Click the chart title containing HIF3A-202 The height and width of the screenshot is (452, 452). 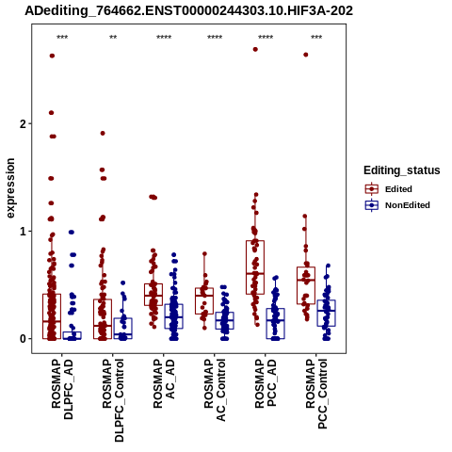[x=189, y=11]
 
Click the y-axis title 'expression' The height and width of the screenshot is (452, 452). [x=10, y=188]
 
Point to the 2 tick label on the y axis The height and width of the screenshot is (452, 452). [x=23, y=124]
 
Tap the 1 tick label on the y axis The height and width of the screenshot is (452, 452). [x=23, y=232]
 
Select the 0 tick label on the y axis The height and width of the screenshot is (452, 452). [x=23, y=339]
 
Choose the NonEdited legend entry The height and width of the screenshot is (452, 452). [x=397, y=205]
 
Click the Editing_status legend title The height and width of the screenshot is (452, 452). [x=402, y=170]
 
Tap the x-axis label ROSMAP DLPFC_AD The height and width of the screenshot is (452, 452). [x=62, y=389]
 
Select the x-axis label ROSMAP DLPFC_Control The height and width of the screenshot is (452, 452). [x=113, y=400]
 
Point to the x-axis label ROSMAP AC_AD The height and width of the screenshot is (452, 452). [x=164, y=383]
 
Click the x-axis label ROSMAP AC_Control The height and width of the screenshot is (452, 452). [x=215, y=390]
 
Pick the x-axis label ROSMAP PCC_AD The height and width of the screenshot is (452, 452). [x=266, y=383]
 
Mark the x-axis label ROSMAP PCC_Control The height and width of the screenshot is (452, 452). [x=316, y=395]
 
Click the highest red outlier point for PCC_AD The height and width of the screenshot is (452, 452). [x=255, y=49]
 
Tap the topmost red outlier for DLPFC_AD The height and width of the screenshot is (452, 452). [x=52, y=56]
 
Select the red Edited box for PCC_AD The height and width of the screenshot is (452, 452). [x=255, y=267]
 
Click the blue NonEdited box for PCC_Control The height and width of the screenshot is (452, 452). [x=327, y=313]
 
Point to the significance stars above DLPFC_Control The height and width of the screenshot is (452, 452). [x=113, y=38]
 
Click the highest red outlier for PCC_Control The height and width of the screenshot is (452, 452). [x=306, y=55]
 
